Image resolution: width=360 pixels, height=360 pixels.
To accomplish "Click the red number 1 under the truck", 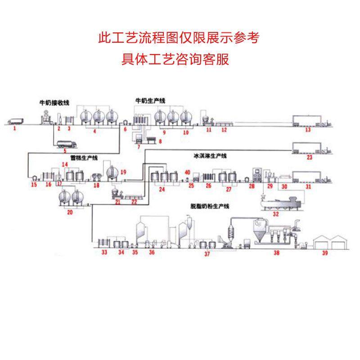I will click(x=15, y=128).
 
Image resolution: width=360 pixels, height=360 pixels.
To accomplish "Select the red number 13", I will click(x=308, y=130).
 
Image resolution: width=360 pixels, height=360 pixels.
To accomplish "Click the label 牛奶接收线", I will click(x=54, y=103).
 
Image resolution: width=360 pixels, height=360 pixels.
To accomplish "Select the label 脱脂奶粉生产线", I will click(x=210, y=207).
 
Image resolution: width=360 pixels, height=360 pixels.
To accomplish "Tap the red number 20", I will click(x=70, y=213).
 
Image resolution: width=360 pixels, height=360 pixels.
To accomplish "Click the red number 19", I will click(x=123, y=172).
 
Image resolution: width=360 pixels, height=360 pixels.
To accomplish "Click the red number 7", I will click(x=139, y=147).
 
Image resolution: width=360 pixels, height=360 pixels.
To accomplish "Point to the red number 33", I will click(x=104, y=253).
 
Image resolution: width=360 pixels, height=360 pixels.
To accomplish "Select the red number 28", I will click(x=252, y=186).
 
